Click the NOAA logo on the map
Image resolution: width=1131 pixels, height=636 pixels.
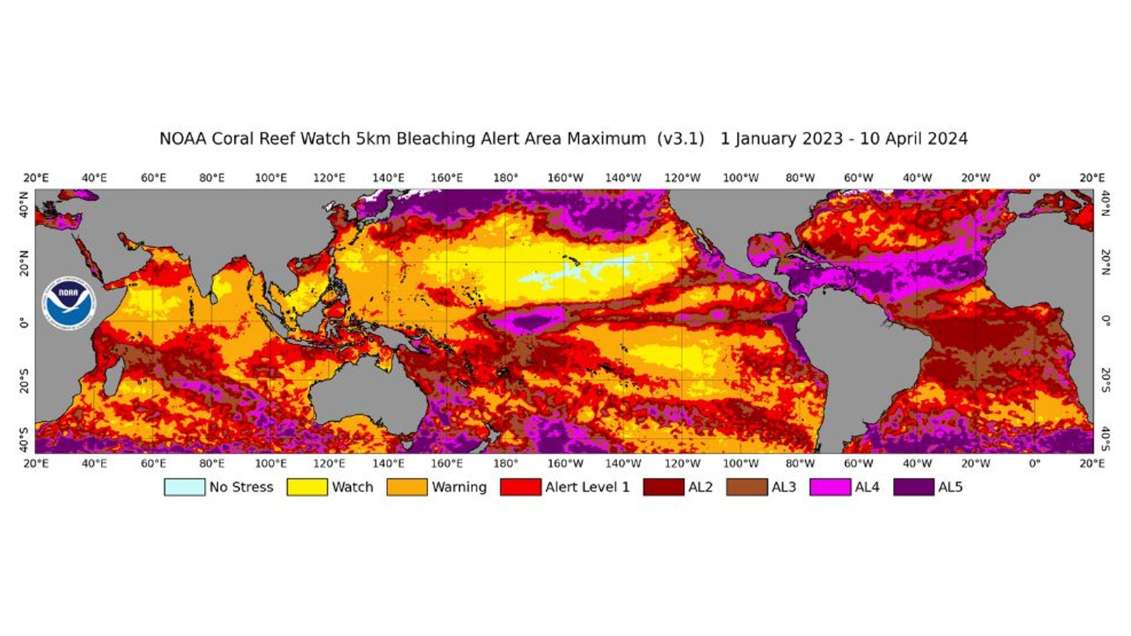69,303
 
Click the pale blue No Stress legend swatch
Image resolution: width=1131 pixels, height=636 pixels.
184,487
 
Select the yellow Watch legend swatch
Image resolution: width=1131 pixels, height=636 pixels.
307,487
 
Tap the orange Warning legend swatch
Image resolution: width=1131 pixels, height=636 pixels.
407,487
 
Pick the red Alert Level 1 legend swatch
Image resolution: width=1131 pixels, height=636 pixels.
520,487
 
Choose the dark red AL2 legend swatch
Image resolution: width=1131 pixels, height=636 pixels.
663,487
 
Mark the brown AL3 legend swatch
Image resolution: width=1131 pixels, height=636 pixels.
747,487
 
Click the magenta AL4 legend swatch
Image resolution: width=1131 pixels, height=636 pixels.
830,487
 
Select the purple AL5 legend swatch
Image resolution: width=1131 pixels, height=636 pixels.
913,487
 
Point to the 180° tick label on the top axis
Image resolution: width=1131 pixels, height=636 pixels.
506,178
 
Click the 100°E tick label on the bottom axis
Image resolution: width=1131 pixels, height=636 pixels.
271,463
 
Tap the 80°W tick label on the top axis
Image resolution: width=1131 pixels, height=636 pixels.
800,178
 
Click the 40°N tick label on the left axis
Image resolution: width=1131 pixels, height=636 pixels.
24,204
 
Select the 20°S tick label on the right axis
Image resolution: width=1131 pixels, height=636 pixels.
1105,380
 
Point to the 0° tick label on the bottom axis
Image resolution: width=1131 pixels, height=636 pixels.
1034,463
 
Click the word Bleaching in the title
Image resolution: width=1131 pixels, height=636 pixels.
436,139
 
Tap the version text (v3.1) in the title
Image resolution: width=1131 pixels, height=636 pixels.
680,139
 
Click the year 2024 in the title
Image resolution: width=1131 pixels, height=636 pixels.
947,139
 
